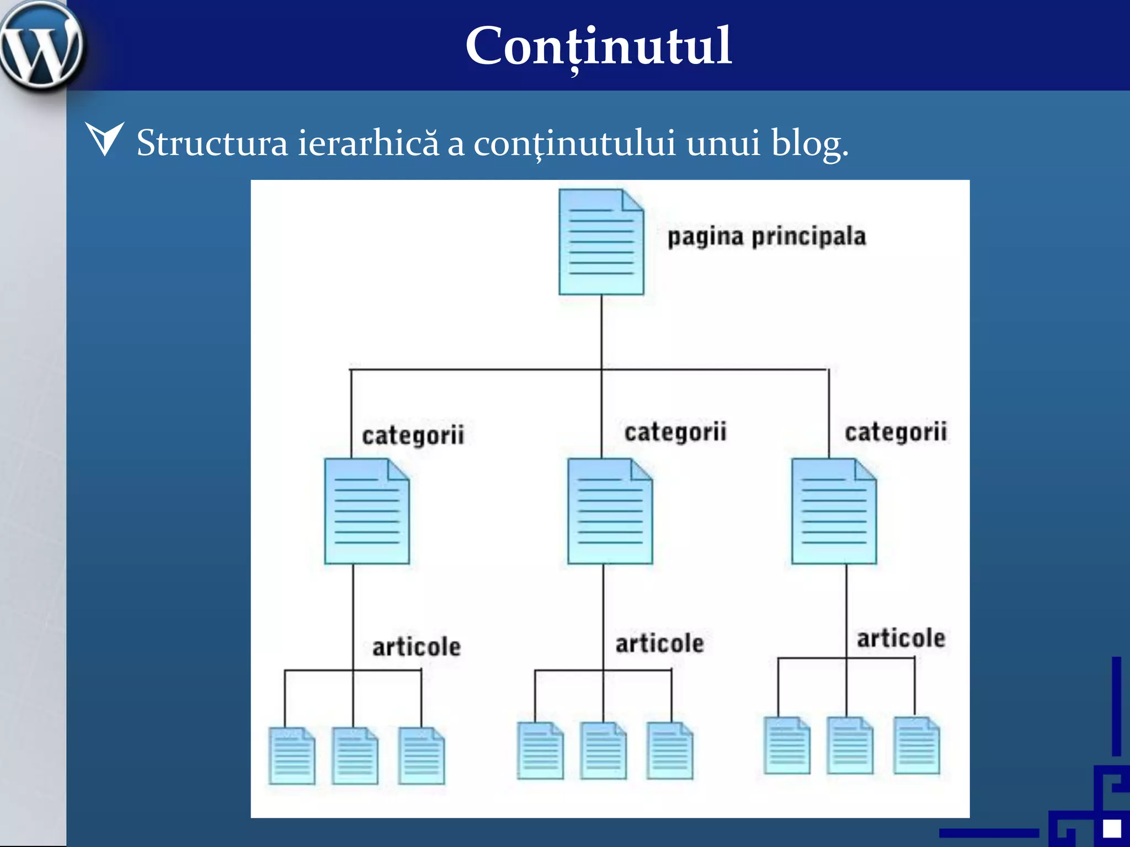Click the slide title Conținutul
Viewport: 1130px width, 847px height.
(599, 46)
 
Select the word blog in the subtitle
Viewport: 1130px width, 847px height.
(809, 143)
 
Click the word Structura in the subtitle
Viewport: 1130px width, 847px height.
(212, 143)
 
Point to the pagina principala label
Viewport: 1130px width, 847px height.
(766, 237)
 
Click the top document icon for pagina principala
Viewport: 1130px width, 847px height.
(601, 242)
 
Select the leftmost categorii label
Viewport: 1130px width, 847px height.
(413, 436)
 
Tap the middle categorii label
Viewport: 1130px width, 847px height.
(675, 432)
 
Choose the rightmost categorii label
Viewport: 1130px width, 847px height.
(896, 432)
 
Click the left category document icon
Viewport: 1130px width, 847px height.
(367, 511)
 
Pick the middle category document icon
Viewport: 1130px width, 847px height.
(610, 511)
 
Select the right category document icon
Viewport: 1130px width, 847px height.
(834, 511)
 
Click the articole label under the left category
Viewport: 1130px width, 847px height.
(416, 647)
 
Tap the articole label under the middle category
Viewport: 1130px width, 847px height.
(659, 644)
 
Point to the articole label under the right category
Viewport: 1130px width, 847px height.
(900, 639)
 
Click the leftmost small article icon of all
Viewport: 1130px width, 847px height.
(292, 755)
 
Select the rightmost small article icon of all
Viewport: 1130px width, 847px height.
(916, 745)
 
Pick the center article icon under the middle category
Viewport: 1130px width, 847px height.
(603, 750)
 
